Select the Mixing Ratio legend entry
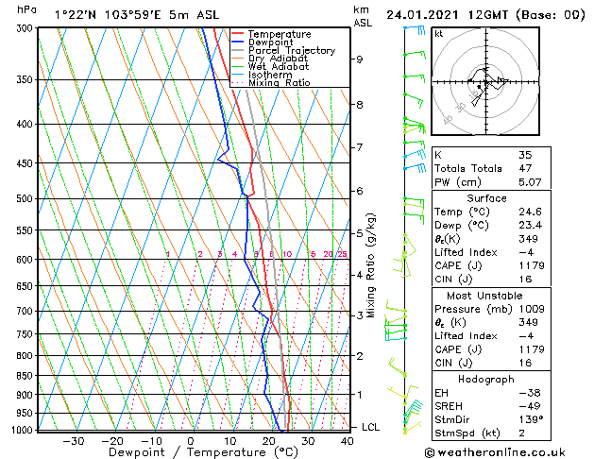point(280,82)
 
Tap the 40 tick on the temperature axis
point(348,440)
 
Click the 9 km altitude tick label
point(360,59)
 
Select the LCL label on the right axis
point(371,427)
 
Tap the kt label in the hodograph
point(438,33)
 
